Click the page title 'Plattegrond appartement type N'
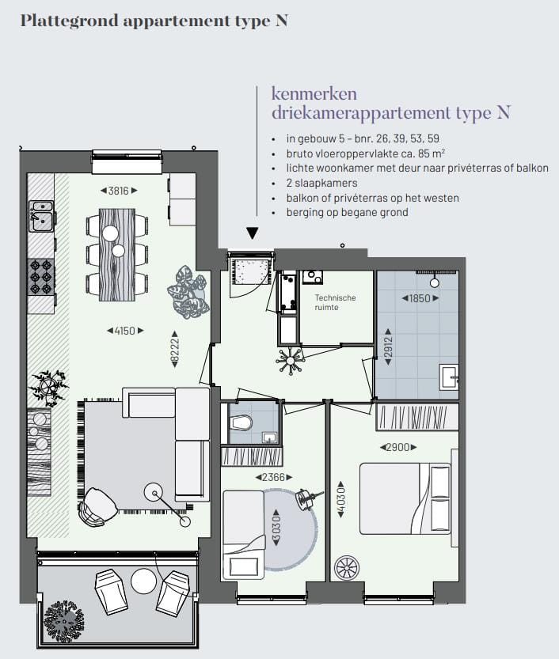pos(153,21)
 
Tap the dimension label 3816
pos(119,191)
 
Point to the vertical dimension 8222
pos(174,349)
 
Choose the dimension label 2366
pos(272,477)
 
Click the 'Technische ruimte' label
pos(335,302)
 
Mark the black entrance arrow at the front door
pos(252,233)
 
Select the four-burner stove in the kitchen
pos(40,277)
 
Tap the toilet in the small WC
pos(241,422)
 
